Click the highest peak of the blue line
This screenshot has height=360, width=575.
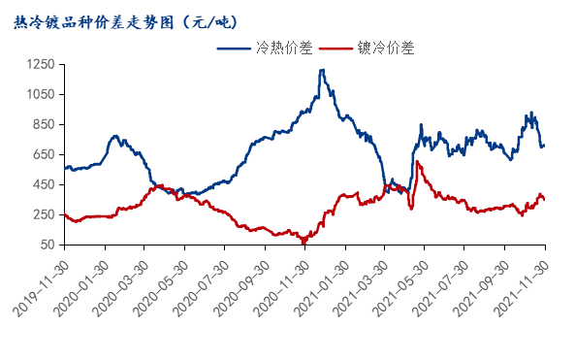tap(321, 70)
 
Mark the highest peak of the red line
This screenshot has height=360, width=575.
tap(417, 162)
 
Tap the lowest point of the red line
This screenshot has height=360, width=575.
tap(303, 241)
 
